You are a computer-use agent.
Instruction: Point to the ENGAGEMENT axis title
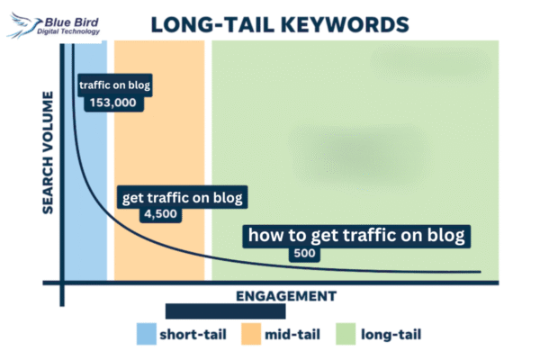tap(286, 295)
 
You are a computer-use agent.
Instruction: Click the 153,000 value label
tap(112, 103)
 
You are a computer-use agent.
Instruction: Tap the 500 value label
tap(305, 255)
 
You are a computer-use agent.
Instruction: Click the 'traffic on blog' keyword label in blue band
tap(114, 85)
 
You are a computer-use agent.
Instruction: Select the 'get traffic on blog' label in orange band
tap(182, 197)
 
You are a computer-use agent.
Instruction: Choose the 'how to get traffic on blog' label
tap(357, 237)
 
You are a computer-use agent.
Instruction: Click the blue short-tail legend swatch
tap(146, 334)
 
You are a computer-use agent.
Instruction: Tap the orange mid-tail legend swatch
tap(249, 334)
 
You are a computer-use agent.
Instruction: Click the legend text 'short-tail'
tap(193, 335)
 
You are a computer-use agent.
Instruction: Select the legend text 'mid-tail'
tap(292, 335)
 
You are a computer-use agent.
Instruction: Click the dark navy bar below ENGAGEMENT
tap(225, 311)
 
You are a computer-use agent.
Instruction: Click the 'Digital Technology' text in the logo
tap(68, 31)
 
